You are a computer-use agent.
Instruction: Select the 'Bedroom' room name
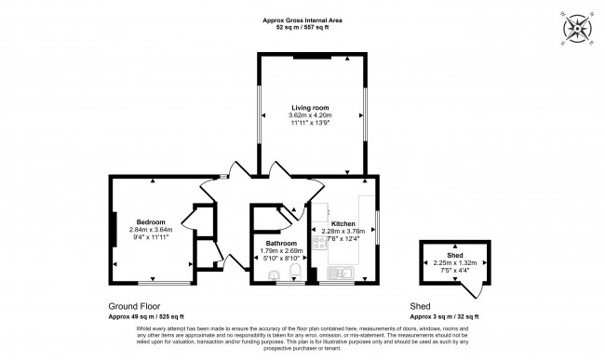pyautogui.click(x=151, y=221)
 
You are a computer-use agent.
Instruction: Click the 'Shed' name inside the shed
pyautogui.click(x=455, y=255)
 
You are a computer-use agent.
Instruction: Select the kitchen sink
pyautogui.click(x=343, y=273)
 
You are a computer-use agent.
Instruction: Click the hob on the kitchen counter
pyautogui.click(x=320, y=243)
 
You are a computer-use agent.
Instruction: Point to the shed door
pyautogui.click(x=475, y=291)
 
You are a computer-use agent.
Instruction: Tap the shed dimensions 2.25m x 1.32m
pyautogui.click(x=455, y=262)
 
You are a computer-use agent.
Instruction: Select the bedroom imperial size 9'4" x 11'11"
pyautogui.click(x=151, y=236)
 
